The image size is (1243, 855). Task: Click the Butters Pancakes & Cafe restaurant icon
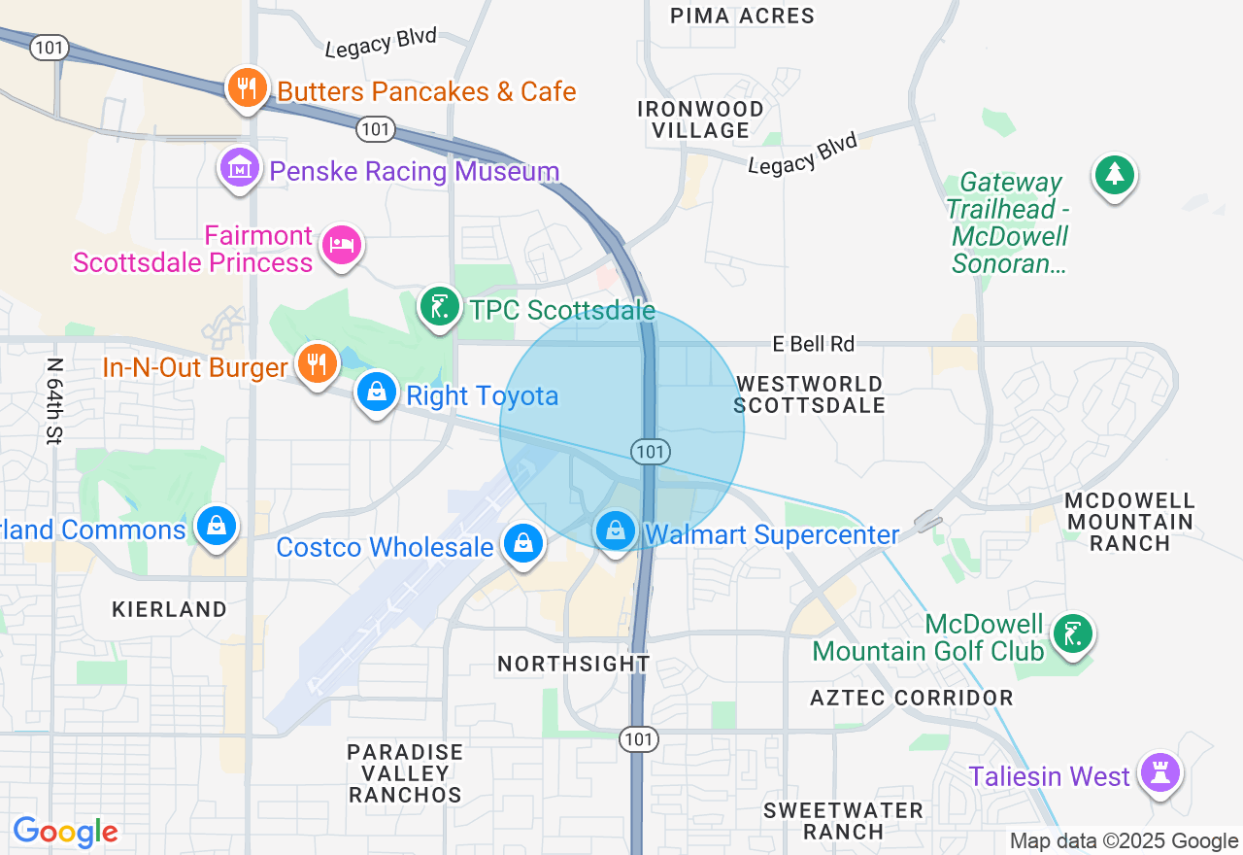point(247,89)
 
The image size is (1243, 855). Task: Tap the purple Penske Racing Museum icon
point(239,168)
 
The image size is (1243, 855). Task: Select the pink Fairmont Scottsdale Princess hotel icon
point(341,244)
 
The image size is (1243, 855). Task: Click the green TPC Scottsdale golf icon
point(439,307)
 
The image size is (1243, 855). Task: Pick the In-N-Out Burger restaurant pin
point(317,363)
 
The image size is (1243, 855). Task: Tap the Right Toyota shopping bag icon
point(376,393)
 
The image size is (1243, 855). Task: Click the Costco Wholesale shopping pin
point(523,543)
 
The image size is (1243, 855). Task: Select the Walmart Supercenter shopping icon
point(615,531)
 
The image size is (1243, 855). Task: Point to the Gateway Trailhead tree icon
point(1115,176)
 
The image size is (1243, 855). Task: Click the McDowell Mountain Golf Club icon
point(1072,634)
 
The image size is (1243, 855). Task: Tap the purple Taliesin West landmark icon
point(1159,773)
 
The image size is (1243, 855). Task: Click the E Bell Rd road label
point(814,344)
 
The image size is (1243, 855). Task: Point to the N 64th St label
point(54,400)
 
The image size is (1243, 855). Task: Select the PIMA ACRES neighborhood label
point(743,16)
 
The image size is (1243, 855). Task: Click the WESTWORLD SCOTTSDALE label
point(809,394)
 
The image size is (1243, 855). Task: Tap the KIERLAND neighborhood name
point(169,609)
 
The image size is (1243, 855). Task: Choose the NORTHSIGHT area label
point(574,664)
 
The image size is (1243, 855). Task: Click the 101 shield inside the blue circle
point(650,451)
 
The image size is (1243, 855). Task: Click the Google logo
point(65,832)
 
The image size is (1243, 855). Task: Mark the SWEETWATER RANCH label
point(843,820)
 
